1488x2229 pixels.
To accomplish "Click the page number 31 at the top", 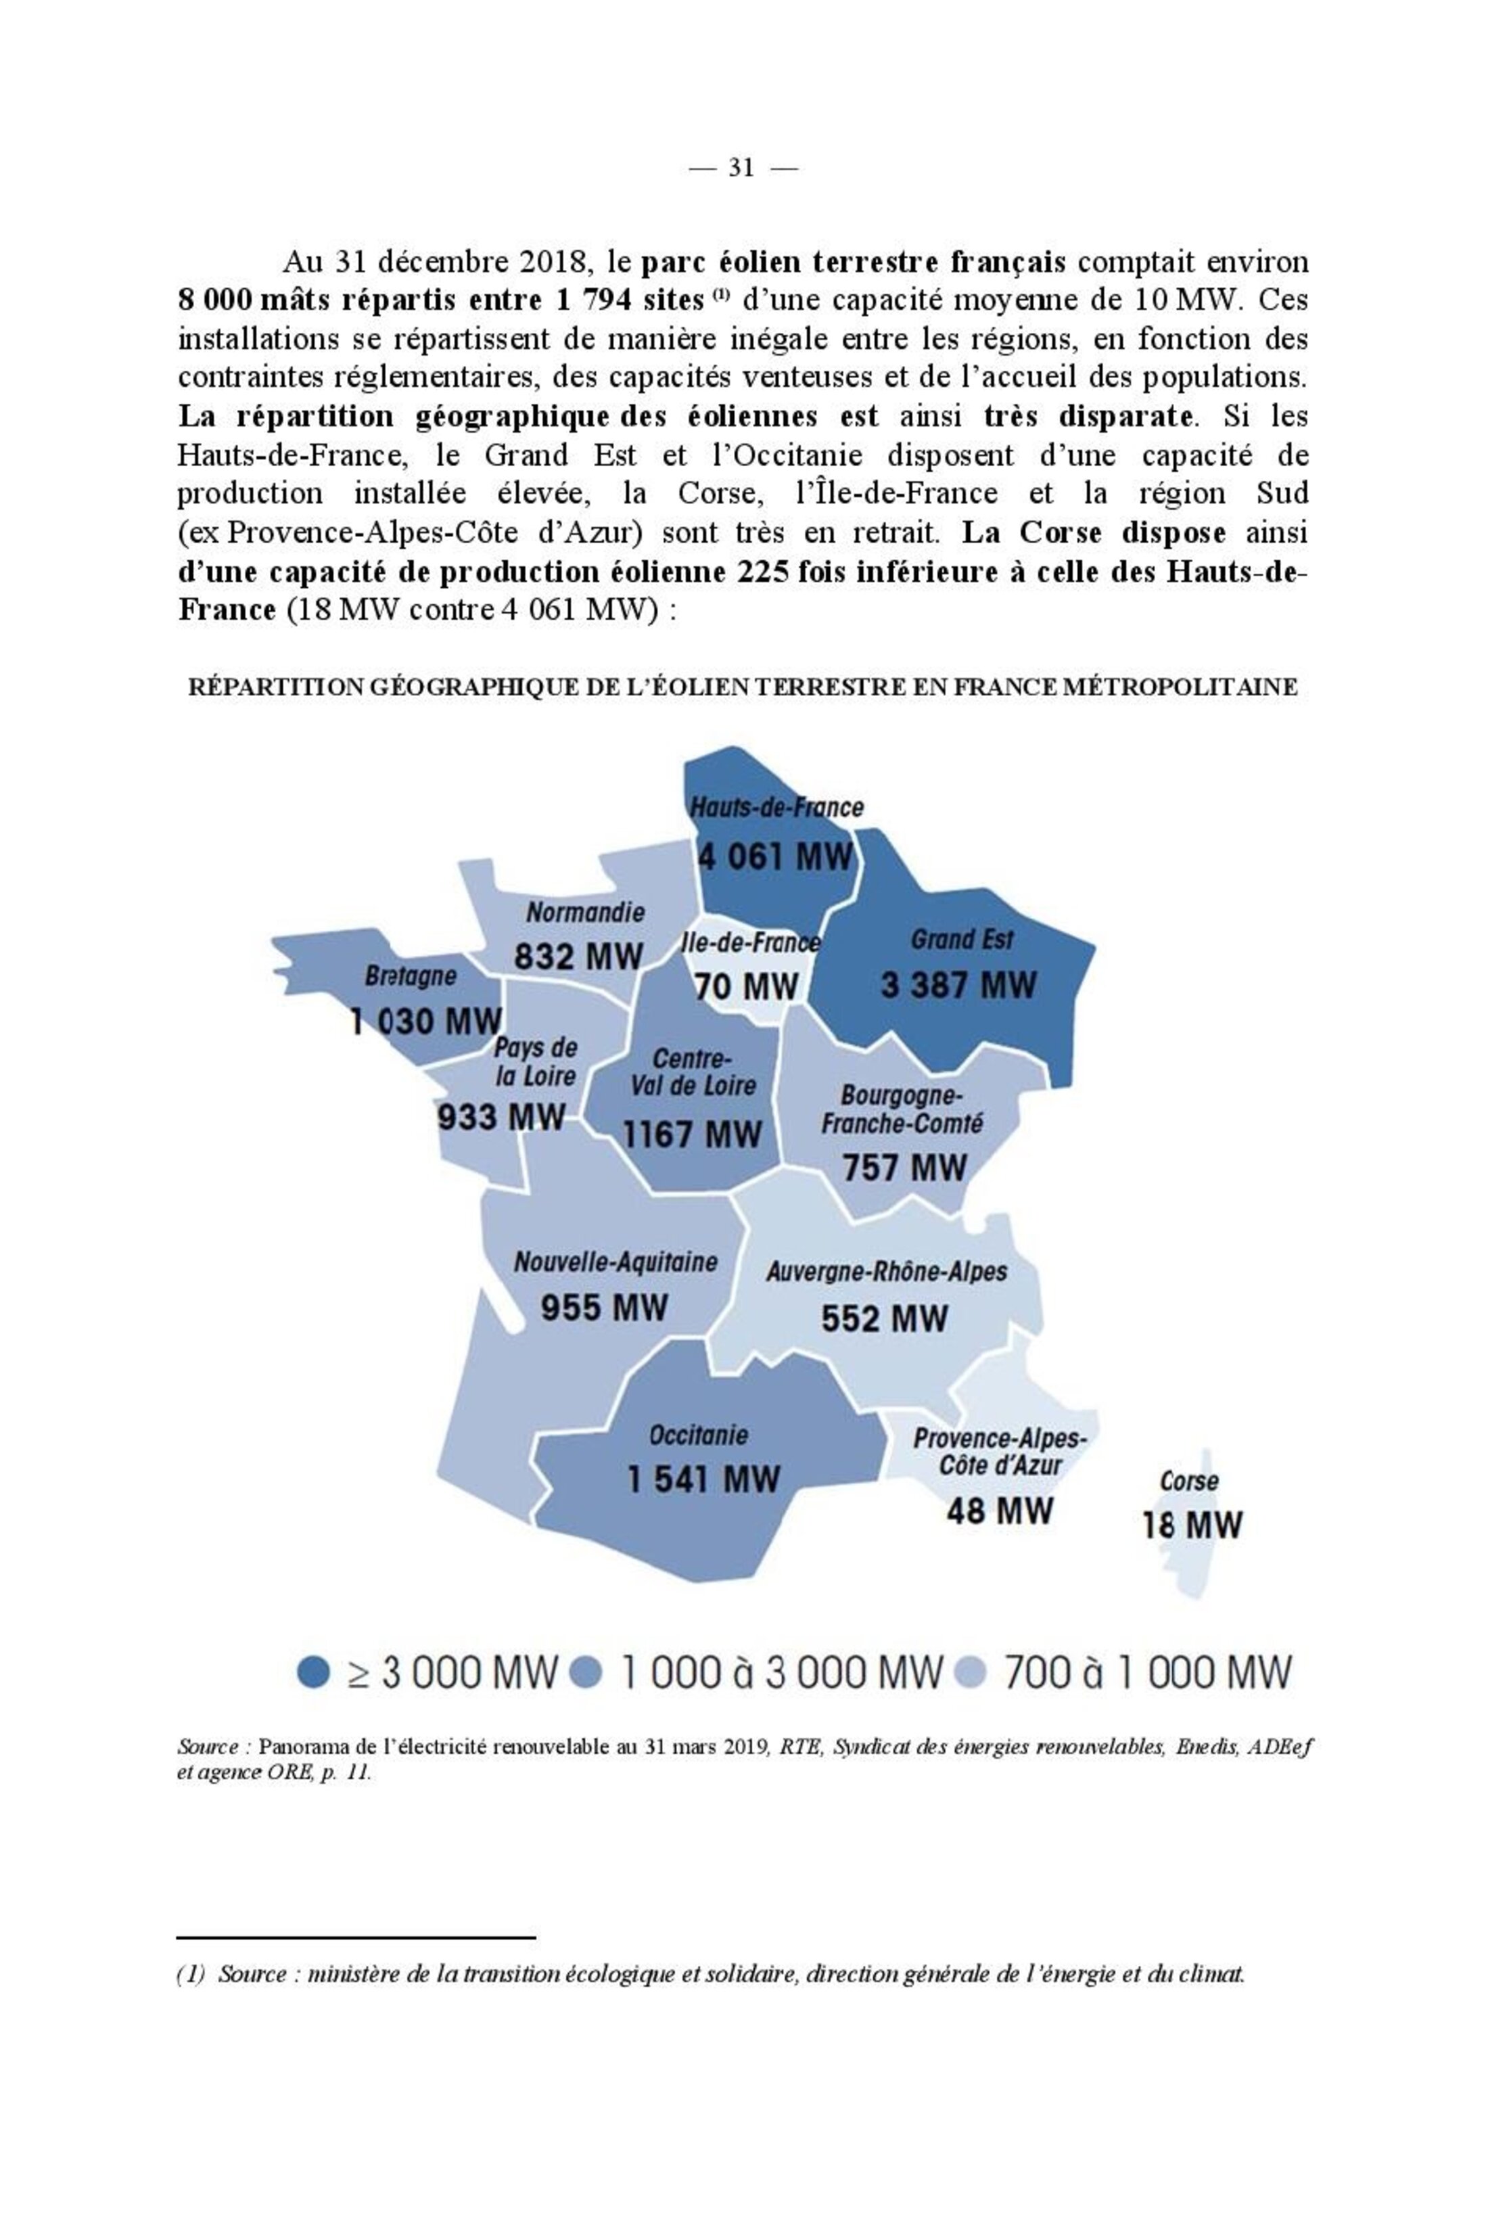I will (x=741, y=168).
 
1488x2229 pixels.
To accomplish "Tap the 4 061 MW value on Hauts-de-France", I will (x=775, y=857).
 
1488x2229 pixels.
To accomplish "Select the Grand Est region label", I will (x=961, y=940).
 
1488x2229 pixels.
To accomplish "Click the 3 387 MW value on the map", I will (x=958, y=985).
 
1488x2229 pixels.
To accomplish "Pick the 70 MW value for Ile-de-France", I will (x=746, y=987).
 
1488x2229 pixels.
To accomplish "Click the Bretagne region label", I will (x=410, y=975).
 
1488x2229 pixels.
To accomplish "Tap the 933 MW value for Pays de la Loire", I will (x=501, y=1117).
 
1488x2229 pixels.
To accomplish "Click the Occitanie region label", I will (x=699, y=1435).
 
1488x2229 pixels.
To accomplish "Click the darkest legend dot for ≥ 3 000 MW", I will (x=313, y=1671).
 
